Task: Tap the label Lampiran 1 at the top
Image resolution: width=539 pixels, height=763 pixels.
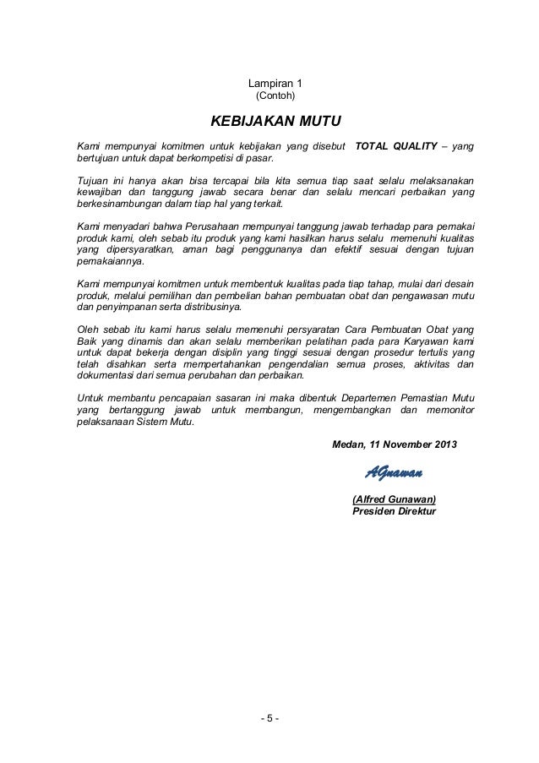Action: tap(269, 84)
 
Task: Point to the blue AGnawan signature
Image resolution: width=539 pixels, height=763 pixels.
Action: tap(394, 471)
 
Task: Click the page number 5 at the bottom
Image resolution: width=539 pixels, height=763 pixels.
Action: tap(269, 719)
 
